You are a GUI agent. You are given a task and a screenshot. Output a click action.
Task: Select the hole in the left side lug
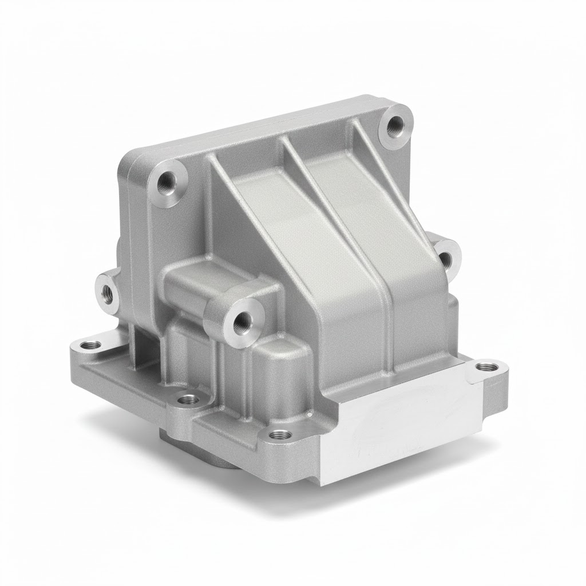[106, 292]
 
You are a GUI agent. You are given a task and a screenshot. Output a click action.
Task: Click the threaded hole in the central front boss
[237, 321]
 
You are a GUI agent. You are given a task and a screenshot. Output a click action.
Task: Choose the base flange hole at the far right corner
[487, 366]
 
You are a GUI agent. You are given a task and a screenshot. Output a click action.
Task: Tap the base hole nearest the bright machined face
[279, 435]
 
